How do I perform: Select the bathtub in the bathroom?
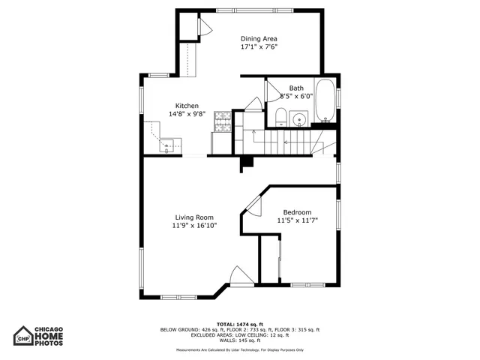click(325, 101)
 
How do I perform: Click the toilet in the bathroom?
click(280, 115)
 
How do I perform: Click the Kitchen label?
click(187, 106)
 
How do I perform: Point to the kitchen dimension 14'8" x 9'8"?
click(187, 114)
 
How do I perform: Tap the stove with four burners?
click(223, 117)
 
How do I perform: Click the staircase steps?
click(285, 141)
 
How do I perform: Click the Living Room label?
click(194, 217)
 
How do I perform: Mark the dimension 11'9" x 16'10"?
click(194, 226)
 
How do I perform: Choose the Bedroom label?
click(297, 212)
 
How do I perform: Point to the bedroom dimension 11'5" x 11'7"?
click(297, 220)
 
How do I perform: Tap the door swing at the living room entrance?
click(241, 276)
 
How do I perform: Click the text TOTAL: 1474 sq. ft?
click(239, 323)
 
